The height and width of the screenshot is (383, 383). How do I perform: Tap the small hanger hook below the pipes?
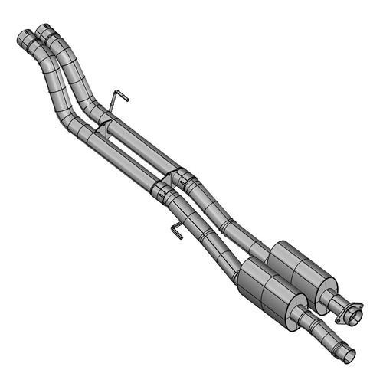coord(174,228)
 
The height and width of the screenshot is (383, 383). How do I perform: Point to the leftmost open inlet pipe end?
coord(23,36)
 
